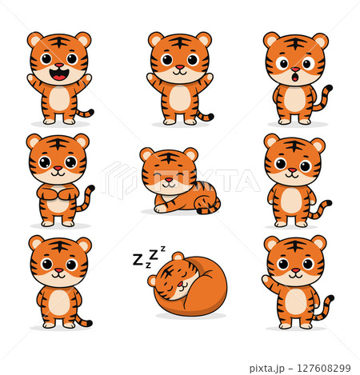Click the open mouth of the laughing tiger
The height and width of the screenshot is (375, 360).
[x=59, y=75]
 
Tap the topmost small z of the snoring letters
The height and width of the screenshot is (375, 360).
[x=163, y=249]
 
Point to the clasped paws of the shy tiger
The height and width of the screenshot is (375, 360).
[x=58, y=191]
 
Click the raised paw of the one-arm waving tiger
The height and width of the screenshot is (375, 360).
[x=267, y=283]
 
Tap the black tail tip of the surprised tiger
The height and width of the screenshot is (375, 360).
[x=329, y=87]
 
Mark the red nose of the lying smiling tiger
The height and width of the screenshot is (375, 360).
[x=169, y=182]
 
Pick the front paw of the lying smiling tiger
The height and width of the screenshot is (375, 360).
[x=161, y=209]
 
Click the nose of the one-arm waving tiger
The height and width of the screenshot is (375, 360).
[x=295, y=271]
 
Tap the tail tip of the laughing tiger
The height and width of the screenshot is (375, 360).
[x=91, y=111]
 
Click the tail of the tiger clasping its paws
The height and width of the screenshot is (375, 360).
[x=84, y=200]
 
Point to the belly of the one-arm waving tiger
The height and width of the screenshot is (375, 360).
[x=295, y=301]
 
